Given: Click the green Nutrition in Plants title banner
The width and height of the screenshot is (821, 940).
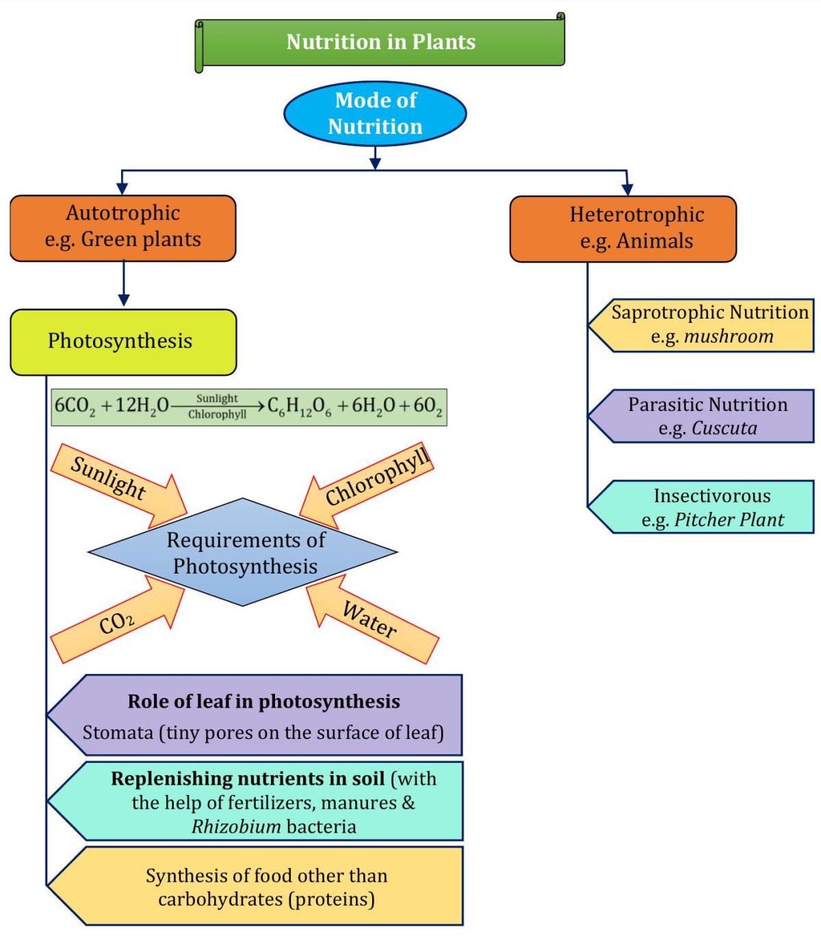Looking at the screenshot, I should point(380,42).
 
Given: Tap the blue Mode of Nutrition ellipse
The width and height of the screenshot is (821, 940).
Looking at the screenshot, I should point(375,113).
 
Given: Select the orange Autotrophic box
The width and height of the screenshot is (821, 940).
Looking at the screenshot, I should point(123,228).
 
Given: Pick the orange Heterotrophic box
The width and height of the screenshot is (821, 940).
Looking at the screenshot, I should point(623,228).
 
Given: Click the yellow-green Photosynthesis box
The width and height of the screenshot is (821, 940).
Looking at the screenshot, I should point(123,342).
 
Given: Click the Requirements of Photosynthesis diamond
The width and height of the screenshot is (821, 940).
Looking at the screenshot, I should point(243,552).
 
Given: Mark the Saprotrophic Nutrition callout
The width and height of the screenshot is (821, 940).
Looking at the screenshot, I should point(705,325).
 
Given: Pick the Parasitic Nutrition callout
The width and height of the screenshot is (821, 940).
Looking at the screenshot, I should point(705,416).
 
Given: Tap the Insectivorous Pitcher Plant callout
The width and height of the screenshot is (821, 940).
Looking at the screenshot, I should point(705,507).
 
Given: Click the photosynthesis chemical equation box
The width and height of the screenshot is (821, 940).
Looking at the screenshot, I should point(249,407).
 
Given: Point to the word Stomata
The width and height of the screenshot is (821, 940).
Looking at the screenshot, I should point(118,733).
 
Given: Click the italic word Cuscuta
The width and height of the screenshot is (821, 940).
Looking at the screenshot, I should point(725,429).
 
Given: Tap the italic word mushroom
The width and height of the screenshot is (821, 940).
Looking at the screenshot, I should point(729,336).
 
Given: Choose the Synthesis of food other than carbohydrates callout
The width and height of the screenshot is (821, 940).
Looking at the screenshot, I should point(267,887).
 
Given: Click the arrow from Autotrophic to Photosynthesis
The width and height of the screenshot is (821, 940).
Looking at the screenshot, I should point(124,284).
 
